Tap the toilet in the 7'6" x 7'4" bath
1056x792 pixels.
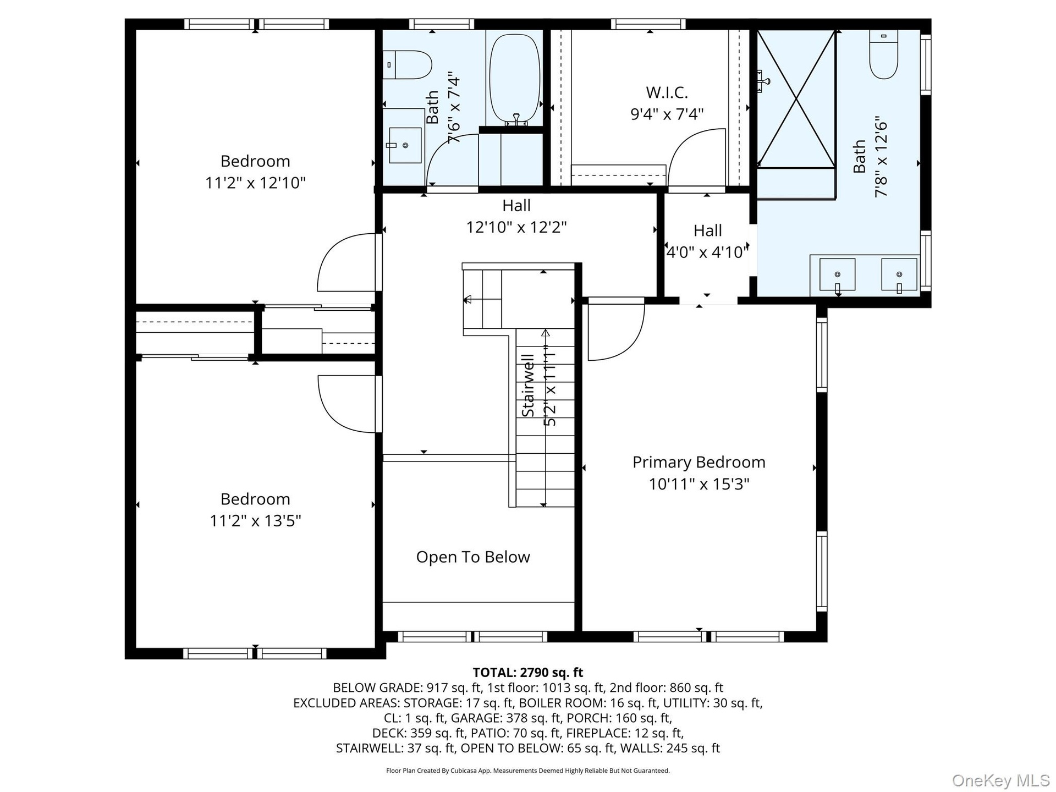[407, 65]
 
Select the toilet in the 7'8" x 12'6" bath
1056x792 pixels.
[884, 54]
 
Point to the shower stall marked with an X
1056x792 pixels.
[796, 99]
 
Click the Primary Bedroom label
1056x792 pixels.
[698, 462]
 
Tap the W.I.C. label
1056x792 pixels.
[667, 92]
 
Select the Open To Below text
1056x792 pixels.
[473, 557]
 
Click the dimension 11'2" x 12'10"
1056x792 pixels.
[255, 183]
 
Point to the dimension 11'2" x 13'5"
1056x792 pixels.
[255, 520]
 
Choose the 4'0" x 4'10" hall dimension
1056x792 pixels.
[707, 252]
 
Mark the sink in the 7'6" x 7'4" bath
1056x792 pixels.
[405, 145]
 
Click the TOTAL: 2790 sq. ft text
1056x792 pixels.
[528, 672]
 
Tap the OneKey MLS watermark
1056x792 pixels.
[1001, 780]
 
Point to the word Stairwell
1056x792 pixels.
[528, 385]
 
